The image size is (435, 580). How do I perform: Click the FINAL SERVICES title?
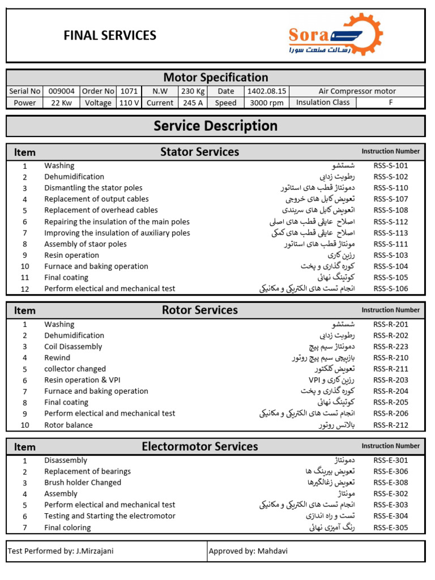(110, 36)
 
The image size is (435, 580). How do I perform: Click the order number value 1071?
(129, 91)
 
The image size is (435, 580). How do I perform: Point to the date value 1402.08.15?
(266, 91)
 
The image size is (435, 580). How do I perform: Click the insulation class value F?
(390, 103)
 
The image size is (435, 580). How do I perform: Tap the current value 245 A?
(193, 103)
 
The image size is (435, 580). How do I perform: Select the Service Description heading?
(215, 126)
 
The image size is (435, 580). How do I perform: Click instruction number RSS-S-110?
(390, 188)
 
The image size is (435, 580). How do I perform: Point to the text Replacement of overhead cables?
(101, 210)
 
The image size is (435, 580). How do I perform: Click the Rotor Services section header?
(199, 310)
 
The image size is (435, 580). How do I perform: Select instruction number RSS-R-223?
(390, 347)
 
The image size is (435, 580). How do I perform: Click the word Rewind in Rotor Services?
(57, 358)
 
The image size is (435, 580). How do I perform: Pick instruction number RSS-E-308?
(390, 483)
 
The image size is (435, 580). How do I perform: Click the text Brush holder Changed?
(83, 483)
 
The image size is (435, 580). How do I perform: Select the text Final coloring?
(67, 528)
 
